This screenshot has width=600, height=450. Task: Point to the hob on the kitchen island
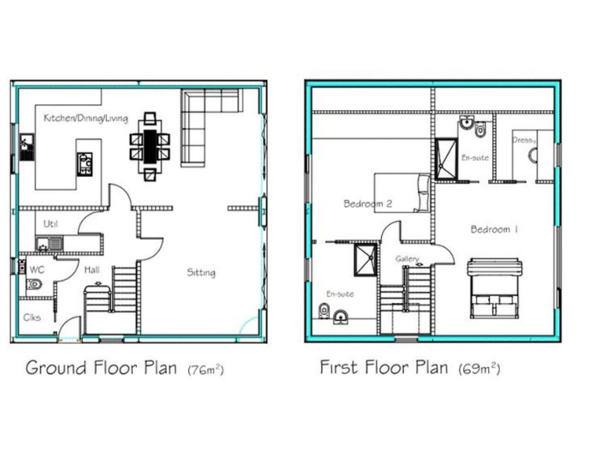[84, 164]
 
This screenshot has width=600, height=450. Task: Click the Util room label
[51, 224]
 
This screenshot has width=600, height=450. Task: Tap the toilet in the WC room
[34, 284]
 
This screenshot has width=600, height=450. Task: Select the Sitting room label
[201, 273]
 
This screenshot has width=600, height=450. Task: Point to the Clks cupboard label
[32, 317]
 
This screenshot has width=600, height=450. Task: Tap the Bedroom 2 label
[367, 204]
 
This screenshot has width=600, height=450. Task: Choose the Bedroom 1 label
[495, 230]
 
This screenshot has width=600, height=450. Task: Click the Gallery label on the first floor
[407, 259]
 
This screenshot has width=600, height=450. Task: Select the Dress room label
[523, 140]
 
